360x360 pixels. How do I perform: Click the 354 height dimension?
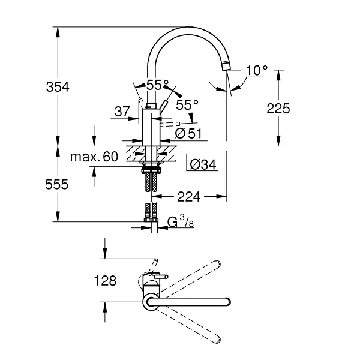[58, 87]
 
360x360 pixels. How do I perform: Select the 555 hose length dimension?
[57, 184]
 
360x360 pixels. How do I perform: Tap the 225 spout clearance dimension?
[278, 109]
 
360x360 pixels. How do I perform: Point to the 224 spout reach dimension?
[189, 197]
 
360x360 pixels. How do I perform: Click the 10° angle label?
[257, 70]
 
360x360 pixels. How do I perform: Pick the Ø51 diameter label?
[188, 133]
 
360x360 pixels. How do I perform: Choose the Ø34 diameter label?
[203, 164]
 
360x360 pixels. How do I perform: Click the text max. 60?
[94, 157]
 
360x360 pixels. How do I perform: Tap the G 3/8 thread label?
[181, 221]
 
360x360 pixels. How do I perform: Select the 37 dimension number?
[122, 112]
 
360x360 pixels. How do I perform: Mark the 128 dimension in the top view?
[106, 281]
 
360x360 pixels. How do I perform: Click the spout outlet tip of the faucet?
[226, 67]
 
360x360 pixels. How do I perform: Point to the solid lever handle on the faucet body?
[164, 106]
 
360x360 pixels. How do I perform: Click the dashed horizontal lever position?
[170, 124]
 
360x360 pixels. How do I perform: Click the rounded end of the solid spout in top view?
[228, 302]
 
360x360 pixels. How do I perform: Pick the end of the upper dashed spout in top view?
[217, 263]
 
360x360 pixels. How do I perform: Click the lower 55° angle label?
[187, 105]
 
